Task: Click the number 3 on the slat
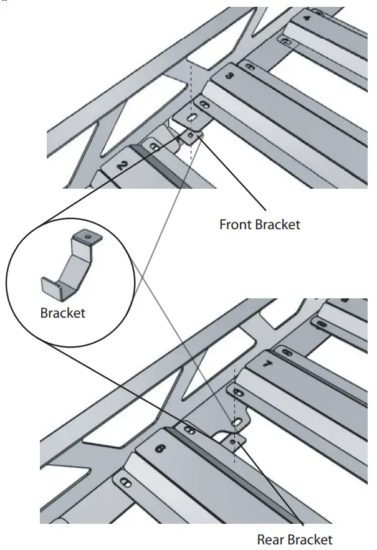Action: (229, 76)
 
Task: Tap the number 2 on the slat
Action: (122, 165)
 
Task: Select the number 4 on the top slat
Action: (307, 19)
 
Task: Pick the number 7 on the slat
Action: (267, 363)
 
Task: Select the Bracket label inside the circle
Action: (62, 313)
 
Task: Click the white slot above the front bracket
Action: (193, 118)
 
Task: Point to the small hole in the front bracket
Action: (191, 133)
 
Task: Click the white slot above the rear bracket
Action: (237, 423)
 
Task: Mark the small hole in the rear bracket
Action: (234, 442)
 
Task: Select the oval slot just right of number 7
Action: (287, 353)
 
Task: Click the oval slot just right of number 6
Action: (189, 429)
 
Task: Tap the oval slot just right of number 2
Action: (153, 147)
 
